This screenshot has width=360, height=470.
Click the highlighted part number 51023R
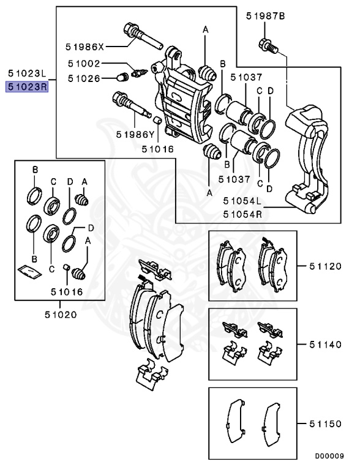pos(27,87)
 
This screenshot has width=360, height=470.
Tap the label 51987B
pos(265,17)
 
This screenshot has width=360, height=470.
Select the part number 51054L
pos(242,201)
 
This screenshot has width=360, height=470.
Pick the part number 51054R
pos(242,214)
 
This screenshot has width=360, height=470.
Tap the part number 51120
pos(324,266)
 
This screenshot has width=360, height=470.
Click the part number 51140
pos(324,345)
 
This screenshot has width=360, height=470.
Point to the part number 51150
pos(324,423)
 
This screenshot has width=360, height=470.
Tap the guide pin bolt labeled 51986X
pos(141,36)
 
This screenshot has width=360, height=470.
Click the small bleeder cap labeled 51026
pos(122,77)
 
